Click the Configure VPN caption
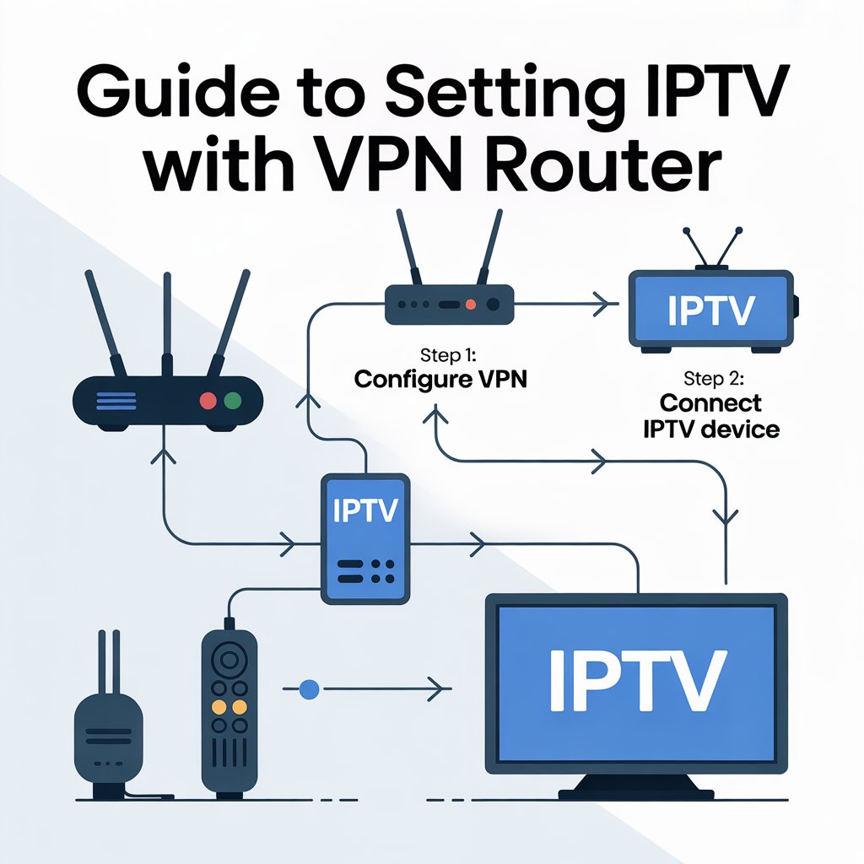point(440,380)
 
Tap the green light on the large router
point(233,400)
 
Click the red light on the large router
point(206,400)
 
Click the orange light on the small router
point(471,304)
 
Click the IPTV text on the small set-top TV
point(710,310)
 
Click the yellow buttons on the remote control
point(229,705)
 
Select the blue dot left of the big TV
point(310,688)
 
